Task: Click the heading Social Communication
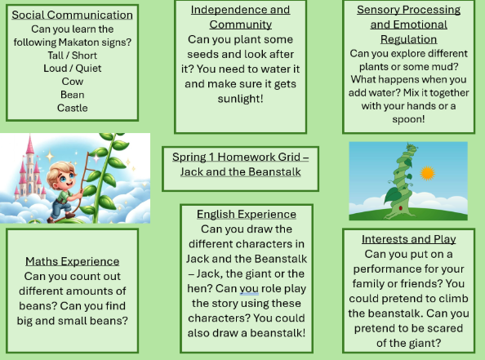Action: coord(72,15)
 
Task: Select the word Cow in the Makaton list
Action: coord(73,82)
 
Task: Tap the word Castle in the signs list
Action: coord(73,108)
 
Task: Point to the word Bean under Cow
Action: coord(73,95)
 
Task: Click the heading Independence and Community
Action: coord(240,17)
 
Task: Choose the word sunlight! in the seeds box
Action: coord(240,99)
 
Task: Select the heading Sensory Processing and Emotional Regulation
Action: coord(408,24)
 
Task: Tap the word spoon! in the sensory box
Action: coord(408,119)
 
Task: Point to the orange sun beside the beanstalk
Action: coord(428,173)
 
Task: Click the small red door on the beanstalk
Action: coord(401,208)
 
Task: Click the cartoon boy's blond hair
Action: coord(60,171)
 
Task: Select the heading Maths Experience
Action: coord(73,261)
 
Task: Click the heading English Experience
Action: coord(247,214)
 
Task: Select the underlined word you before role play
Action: coord(249,289)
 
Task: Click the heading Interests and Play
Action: coord(408,239)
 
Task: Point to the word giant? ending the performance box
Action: coord(426,343)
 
